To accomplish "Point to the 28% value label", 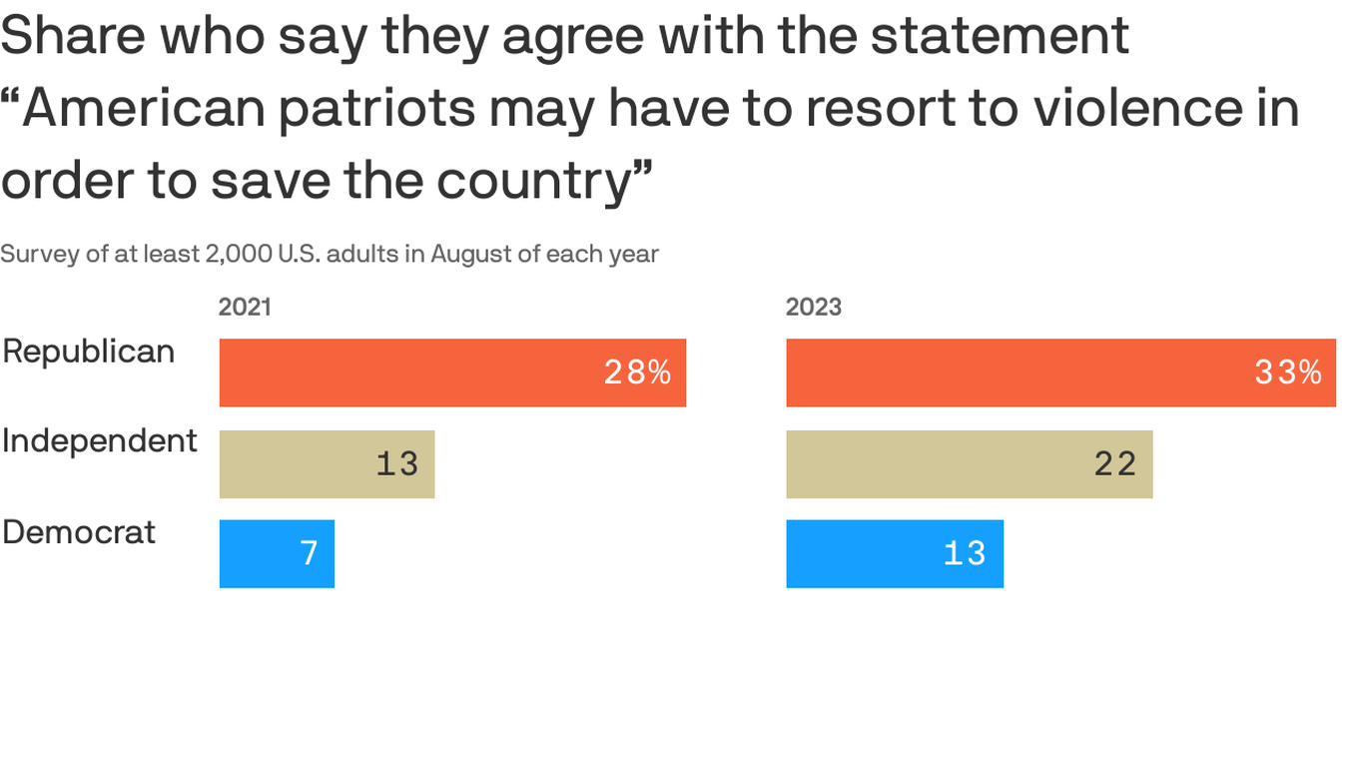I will tap(637, 373).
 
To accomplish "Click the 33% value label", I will tap(1288, 373).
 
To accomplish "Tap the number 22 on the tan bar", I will tap(1115, 464).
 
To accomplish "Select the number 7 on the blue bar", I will tap(310, 553).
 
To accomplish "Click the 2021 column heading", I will tap(245, 307).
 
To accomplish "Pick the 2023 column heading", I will tap(813, 307).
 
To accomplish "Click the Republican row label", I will tap(88, 352).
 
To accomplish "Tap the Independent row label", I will tap(99, 441).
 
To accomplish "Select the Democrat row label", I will tap(79, 531).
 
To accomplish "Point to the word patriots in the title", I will tap(377, 108).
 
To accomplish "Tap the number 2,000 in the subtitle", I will tap(238, 254).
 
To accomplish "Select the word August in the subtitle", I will tap(465, 254).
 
